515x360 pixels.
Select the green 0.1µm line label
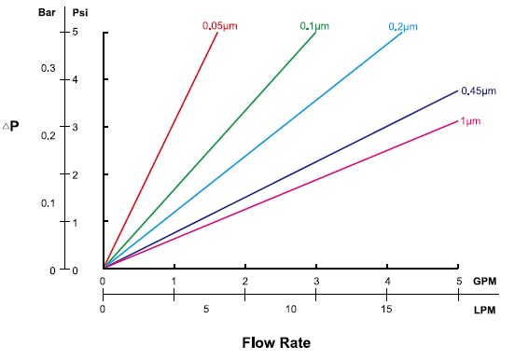coord(315,26)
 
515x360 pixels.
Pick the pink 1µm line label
coord(471,121)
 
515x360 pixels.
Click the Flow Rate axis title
coord(276,341)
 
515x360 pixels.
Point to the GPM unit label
coord(484,280)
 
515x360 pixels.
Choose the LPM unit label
coord(484,309)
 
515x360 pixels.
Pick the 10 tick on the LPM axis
coord(291,309)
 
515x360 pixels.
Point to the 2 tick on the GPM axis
coord(245,280)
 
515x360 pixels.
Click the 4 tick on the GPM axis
coord(387,280)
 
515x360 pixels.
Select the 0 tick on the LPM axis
coord(103,309)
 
